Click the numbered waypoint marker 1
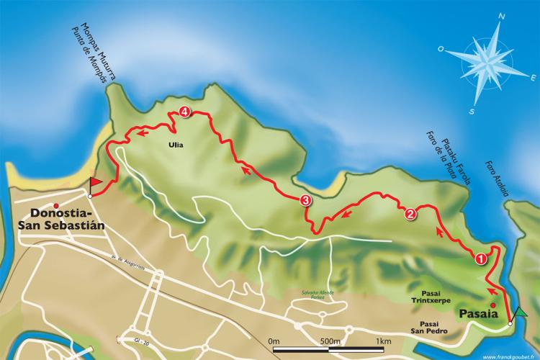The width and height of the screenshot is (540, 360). tap(481, 255)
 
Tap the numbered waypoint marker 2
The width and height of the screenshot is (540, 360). tap(410, 213)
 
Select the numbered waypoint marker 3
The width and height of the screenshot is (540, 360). tap(306, 201)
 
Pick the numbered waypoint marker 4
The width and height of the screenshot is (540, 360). tap(185, 112)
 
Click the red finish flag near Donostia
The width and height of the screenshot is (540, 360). tap(94, 185)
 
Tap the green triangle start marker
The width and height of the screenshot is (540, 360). tap(520, 312)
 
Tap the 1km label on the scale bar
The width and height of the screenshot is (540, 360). tap(384, 341)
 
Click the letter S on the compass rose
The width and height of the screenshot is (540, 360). tap(472, 111)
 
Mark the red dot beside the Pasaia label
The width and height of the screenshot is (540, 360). tap(473, 304)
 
